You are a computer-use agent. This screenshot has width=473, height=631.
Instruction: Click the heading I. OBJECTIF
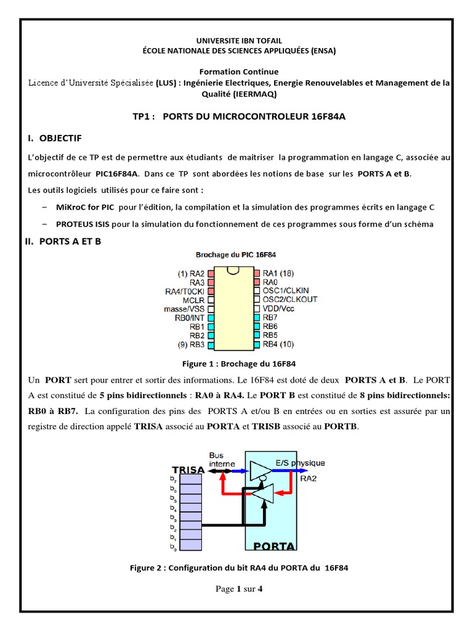(x=55, y=137)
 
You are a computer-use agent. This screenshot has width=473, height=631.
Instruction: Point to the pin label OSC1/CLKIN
(x=286, y=290)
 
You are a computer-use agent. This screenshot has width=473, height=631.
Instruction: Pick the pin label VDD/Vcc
(x=278, y=308)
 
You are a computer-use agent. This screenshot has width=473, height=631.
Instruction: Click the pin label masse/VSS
(x=184, y=308)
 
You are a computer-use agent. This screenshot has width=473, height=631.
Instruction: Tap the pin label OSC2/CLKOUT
(x=289, y=299)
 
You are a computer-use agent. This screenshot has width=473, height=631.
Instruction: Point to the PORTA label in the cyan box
(x=274, y=545)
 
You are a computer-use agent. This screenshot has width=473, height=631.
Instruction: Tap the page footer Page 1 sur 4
(x=239, y=588)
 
